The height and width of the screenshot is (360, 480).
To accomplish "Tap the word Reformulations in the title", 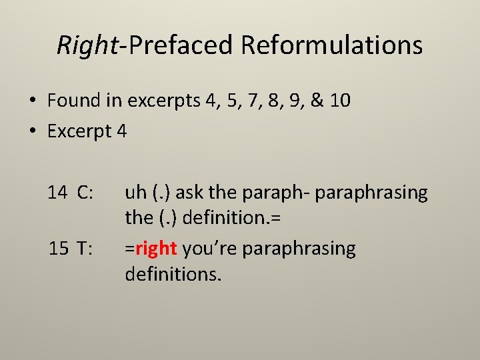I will point(332,45).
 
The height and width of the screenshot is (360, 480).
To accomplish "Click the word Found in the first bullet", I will point(70,101).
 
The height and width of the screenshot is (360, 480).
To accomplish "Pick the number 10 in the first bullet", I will point(339,101).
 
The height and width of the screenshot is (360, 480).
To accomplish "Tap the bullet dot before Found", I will point(32,102).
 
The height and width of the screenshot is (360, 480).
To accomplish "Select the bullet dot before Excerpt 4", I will point(32,132).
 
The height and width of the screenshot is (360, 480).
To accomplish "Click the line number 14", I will point(57,193).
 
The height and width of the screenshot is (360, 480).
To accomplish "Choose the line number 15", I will point(57,249).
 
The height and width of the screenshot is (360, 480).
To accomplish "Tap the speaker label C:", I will point(85,193).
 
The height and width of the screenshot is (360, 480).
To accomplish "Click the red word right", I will point(155,249).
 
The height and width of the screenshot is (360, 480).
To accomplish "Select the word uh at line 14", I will point(135,193).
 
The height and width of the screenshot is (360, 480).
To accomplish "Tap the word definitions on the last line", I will point(173,273).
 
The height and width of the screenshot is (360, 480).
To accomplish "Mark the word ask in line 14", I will point(190,193).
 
